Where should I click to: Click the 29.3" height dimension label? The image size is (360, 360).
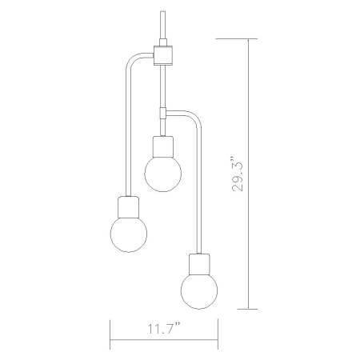tap(238, 174)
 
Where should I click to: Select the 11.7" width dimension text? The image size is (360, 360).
tap(164, 328)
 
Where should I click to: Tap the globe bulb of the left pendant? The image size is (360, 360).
tap(129, 234)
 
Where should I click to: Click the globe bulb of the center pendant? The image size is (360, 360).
tap(162, 174)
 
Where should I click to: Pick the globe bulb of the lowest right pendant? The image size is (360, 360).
tap(199, 290)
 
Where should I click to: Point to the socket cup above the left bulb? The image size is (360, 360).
tap(128, 207)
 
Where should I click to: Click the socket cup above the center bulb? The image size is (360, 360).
tap(162, 146)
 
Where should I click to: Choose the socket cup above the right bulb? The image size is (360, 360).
tap(199, 264)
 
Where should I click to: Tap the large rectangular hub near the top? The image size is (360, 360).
tap(162, 55)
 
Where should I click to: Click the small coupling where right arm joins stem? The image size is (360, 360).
tap(162, 113)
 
